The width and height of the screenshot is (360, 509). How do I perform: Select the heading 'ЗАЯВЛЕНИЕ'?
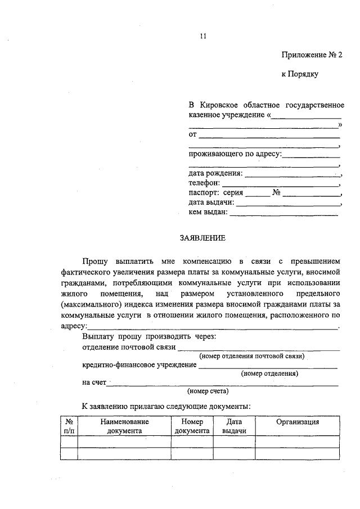coord(202,238)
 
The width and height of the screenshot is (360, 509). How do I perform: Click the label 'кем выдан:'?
coord(208,212)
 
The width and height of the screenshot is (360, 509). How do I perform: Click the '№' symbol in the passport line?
coord(276,192)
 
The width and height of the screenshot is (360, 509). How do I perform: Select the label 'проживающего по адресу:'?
coord(235,154)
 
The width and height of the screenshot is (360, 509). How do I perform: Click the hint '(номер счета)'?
coord(208,390)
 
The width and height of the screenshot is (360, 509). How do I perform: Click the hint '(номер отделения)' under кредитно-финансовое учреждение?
coord(269,373)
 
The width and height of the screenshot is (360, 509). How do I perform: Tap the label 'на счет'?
coord(94,382)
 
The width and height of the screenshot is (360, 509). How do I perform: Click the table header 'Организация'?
coord(298,422)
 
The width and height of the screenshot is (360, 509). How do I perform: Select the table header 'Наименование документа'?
coord(124,426)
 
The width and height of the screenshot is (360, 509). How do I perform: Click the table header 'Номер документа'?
coord(192,426)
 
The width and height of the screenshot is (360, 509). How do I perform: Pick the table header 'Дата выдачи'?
coord(234,426)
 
